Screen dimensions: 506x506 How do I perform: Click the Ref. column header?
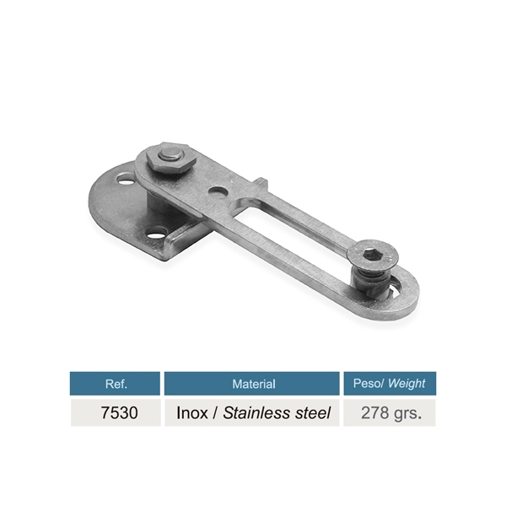click(116, 384)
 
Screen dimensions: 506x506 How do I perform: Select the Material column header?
click(254, 384)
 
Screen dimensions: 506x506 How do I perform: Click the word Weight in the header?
click(407, 384)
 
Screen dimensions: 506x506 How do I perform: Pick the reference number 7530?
click(119, 412)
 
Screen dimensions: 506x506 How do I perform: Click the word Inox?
click(192, 412)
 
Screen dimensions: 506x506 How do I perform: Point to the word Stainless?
click(258, 412)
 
